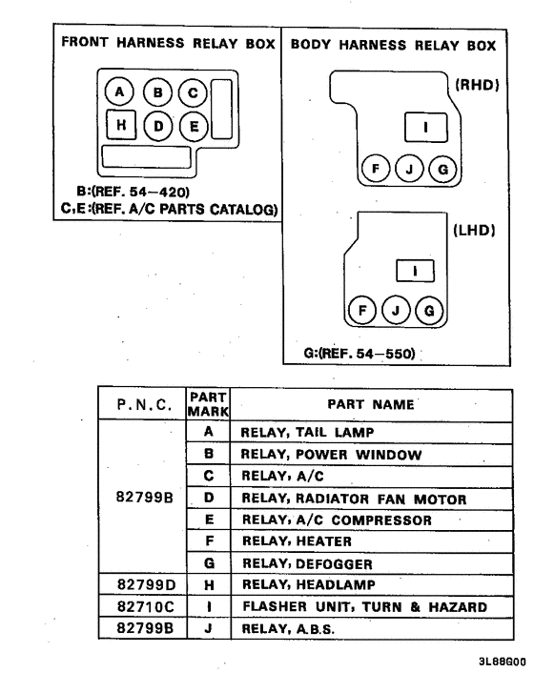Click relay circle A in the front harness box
(120, 92)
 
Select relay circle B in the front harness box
(157, 92)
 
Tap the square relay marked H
(120, 125)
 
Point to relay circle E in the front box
(194, 125)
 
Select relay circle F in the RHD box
(376, 169)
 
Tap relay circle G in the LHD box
(428, 312)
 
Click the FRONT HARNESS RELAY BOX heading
(168, 44)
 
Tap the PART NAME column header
(373, 404)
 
